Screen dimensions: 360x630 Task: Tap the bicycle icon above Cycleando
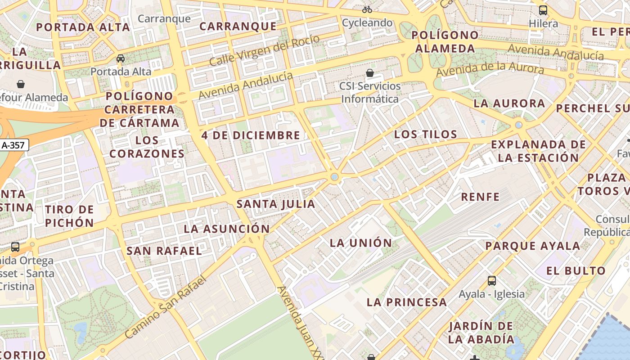[x=367, y=9]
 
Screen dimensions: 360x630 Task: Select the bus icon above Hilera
[x=543, y=10]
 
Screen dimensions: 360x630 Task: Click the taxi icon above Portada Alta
[x=121, y=58]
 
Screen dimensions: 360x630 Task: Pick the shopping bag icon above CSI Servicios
[x=370, y=72]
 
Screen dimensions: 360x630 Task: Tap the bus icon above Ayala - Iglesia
[x=492, y=281]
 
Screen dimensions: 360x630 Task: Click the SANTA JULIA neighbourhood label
[x=276, y=204]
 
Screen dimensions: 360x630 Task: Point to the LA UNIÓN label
[x=361, y=243]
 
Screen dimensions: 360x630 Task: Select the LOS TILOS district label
[x=426, y=134]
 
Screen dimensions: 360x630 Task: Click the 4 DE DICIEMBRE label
[x=251, y=135]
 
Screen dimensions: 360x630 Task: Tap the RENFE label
[x=480, y=197]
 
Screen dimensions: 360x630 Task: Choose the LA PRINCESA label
[x=407, y=302]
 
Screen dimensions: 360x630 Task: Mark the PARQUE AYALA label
[x=533, y=246]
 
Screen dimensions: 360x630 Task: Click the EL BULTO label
[x=576, y=271]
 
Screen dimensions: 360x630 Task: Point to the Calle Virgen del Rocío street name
[x=265, y=50]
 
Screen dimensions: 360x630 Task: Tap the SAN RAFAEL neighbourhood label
[x=164, y=251]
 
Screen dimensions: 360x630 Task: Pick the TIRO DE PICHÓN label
[x=69, y=216]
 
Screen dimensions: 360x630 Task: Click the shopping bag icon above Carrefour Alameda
[x=21, y=84]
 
